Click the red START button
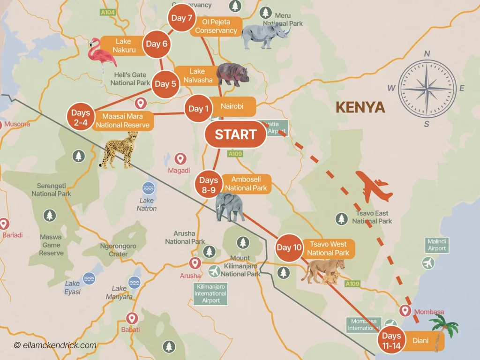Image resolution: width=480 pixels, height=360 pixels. [235, 135]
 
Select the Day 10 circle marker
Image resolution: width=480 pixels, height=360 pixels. [289, 247]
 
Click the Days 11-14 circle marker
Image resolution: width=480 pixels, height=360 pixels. [391, 340]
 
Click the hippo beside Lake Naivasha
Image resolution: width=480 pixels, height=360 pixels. [232, 74]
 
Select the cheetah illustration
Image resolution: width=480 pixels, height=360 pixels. [119, 149]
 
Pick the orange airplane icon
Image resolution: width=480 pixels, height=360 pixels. [373, 186]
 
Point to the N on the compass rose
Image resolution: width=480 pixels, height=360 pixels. [427, 54]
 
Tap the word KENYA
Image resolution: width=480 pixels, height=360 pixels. [360, 107]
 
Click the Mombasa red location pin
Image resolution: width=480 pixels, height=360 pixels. [405, 310]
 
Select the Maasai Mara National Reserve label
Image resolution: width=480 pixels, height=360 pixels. [123, 120]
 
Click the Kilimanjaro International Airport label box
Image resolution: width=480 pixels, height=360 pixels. [210, 293]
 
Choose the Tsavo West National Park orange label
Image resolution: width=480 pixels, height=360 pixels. [328, 248]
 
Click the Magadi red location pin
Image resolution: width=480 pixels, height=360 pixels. [180, 159]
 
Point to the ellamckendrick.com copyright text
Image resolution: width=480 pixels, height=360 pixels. [55, 345]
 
